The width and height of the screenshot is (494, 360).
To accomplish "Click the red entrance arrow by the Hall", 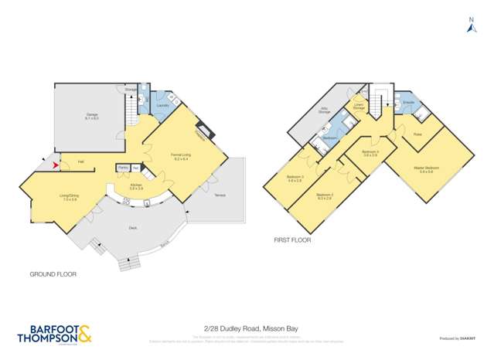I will point(53,163).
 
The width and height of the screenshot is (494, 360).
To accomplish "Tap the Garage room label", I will point(92,117).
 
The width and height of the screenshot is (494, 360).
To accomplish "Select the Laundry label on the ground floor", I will point(163,104).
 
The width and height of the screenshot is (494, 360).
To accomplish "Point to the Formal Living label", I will point(181,157).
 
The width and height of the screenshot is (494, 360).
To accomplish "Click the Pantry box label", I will point(123,168).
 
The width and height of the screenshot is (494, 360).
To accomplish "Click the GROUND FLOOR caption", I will point(53,274).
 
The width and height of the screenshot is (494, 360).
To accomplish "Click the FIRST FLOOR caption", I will point(291,240).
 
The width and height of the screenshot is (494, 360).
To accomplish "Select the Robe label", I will point(417,134).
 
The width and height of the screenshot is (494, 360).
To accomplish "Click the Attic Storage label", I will point(325,110).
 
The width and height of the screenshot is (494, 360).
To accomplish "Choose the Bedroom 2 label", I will point(324,196).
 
